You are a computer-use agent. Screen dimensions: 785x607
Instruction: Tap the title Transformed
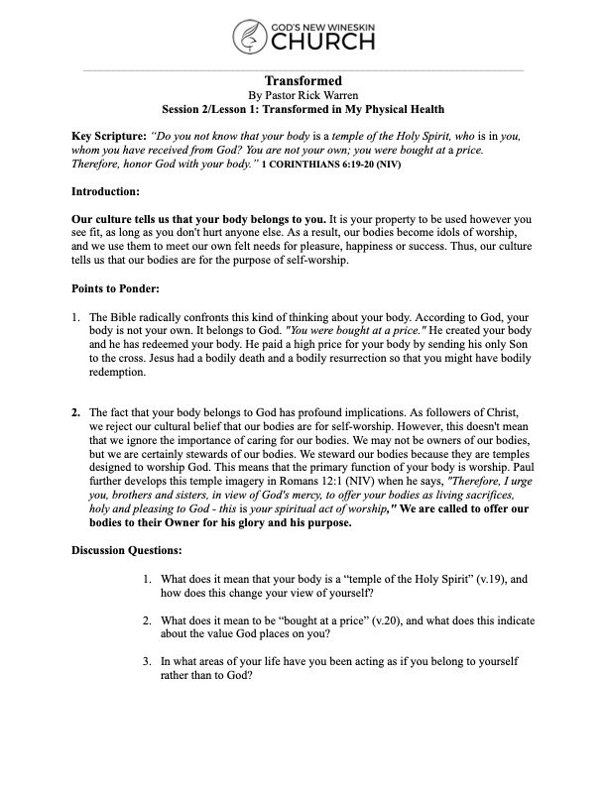coord(303,79)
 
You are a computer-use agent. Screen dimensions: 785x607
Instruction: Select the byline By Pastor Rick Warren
coord(303,94)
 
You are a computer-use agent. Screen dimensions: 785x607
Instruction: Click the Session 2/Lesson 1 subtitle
coord(303,109)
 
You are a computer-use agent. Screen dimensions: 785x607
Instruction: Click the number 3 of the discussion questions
coord(145,659)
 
